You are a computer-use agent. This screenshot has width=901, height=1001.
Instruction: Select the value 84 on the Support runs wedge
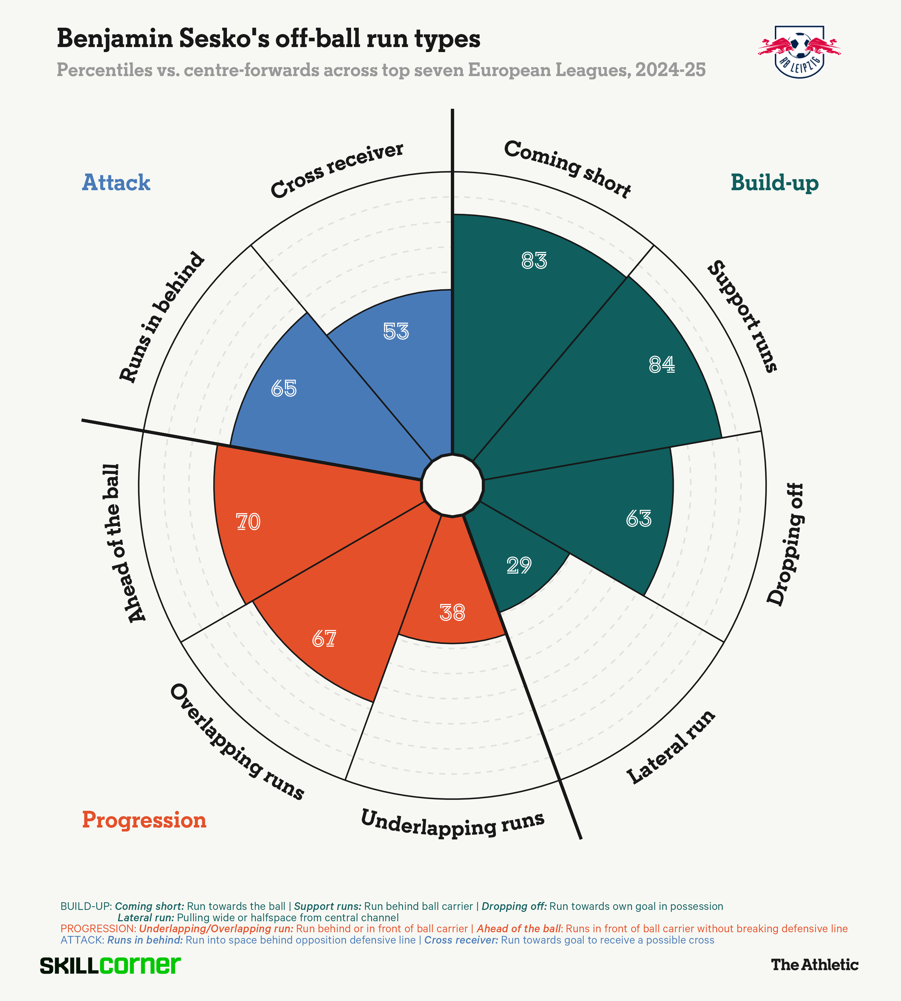[x=662, y=365]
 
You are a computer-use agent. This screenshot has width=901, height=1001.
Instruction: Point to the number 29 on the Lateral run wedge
[x=519, y=565]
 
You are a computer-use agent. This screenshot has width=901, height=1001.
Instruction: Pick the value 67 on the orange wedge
[x=324, y=639]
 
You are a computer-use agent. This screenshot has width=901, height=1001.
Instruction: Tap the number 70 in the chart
[x=248, y=522]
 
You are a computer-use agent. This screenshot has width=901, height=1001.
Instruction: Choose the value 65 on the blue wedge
[x=284, y=389]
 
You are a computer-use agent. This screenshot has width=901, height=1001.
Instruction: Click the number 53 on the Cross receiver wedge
[x=396, y=331]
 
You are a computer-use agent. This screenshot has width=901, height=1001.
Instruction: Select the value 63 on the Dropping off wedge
[x=639, y=518]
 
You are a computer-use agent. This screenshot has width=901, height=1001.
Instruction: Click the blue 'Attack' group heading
[x=116, y=183]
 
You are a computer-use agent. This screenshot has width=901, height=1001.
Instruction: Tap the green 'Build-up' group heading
[x=774, y=183]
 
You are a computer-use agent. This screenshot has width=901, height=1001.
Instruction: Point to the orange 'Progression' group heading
[x=144, y=820]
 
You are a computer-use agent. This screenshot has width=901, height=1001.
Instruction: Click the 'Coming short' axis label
[x=567, y=168]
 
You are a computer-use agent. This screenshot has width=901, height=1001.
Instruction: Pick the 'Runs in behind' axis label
[x=162, y=317]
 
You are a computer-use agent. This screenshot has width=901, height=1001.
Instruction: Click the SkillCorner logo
[x=110, y=965]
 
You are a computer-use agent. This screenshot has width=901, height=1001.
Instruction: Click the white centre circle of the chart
[x=452, y=485]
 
